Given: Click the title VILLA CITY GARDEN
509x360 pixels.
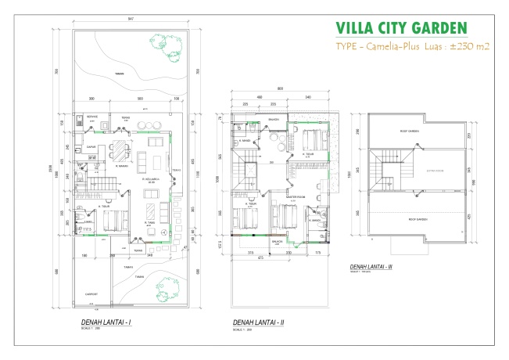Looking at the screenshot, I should pos(401,27).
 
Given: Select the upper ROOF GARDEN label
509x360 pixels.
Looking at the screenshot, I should pos(411,131).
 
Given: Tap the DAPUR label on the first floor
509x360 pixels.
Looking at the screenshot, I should pos(91,145).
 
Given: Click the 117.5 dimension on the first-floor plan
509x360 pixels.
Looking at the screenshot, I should pos(97,229).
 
